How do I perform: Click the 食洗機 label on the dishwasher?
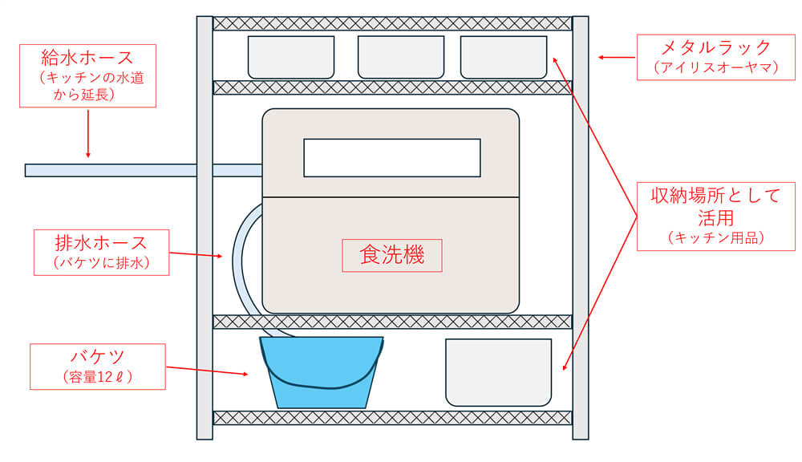[x=392, y=255]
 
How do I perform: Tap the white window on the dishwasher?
[x=392, y=157]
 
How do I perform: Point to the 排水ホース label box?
[x=100, y=252]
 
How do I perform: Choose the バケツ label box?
[x=97, y=366]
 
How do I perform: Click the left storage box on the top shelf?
[x=290, y=57]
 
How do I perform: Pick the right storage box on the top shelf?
[x=499, y=57]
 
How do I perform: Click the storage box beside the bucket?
[x=498, y=371]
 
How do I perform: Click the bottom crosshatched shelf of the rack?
[x=392, y=418]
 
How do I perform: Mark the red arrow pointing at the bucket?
[x=209, y=371]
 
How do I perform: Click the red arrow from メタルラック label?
[x=616, y=57]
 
